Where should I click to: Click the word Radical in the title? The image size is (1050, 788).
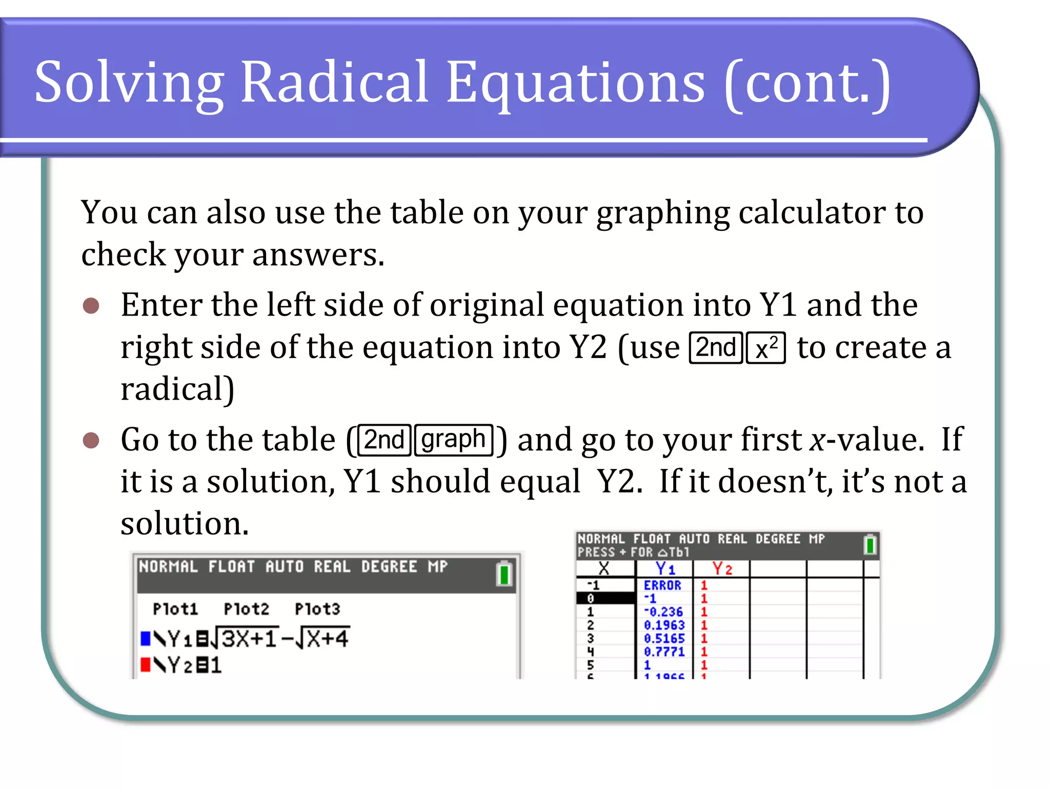334,82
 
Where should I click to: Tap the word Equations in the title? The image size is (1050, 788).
575,82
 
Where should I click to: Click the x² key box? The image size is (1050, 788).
765,348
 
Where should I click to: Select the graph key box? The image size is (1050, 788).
453,440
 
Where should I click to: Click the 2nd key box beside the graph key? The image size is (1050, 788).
385,440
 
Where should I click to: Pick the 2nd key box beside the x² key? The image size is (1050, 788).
716,348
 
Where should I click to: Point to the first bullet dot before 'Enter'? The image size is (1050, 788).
91,306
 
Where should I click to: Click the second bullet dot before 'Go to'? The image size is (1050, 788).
91,440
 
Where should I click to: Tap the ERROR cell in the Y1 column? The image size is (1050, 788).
662,585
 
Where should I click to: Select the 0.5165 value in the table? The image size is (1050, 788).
664,639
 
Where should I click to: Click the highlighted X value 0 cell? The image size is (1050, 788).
605,599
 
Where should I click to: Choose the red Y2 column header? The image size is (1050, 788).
722,568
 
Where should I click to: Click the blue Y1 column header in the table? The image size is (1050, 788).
665,568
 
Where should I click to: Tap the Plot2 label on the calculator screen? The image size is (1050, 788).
246,609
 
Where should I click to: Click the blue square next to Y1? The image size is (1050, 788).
146,639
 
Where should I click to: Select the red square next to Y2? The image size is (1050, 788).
146,665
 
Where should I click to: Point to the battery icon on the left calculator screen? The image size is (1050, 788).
504,574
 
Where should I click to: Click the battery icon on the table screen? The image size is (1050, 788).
870,545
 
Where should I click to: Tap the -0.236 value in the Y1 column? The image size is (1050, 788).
663,612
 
